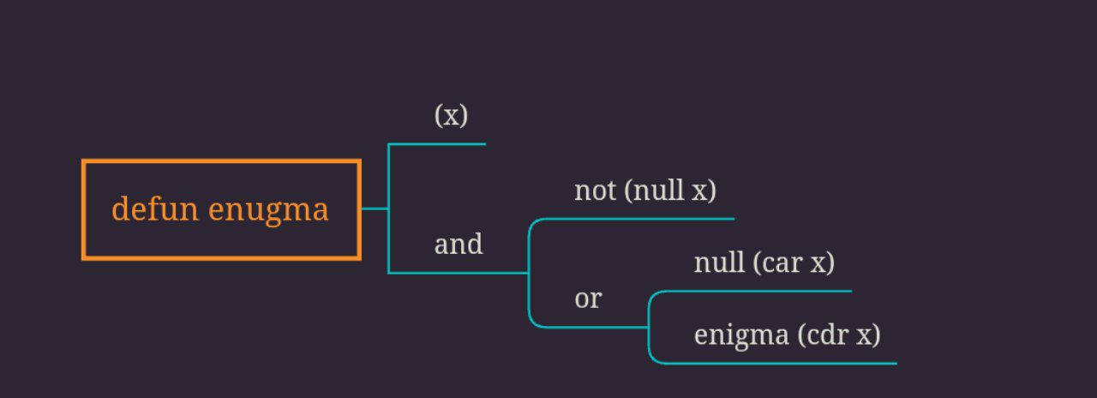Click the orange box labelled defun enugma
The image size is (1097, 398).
[x=220, y=209]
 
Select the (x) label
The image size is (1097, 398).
[x=451, y=115]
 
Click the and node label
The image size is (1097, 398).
[x=459, y=244]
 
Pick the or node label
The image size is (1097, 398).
[x=588, y=298]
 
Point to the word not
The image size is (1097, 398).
[x=595, y=190]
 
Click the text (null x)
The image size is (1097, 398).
[x=670, y=190]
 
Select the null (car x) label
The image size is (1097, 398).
[x=764, y=262]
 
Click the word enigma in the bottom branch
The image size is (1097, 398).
[x=741, y=335]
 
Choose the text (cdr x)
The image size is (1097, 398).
[x=839, y=335]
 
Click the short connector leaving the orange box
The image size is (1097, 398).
[x=374, y=208]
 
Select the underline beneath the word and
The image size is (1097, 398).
[x=459, y=273]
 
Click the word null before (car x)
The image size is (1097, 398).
[x=719, y=262]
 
